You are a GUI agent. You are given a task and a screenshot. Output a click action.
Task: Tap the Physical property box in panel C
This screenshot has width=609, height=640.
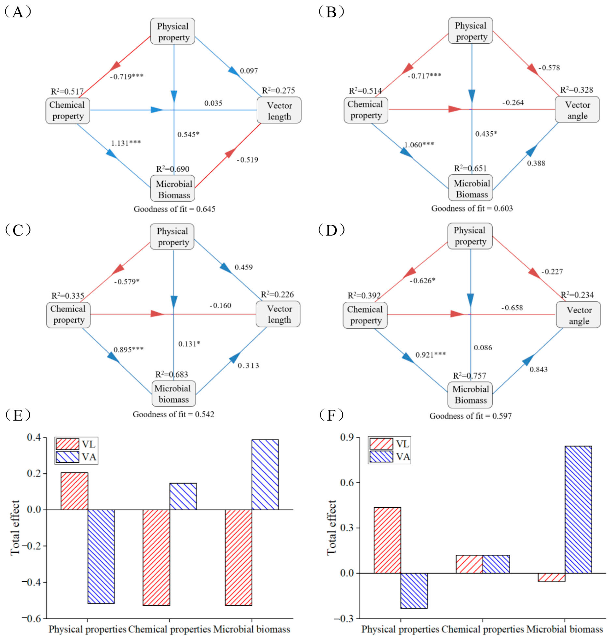point(172,236)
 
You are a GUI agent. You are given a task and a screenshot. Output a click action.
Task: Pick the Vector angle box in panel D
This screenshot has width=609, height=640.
point(578,315)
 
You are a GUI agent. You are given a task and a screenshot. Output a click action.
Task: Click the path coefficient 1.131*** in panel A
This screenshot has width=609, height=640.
point(126,143)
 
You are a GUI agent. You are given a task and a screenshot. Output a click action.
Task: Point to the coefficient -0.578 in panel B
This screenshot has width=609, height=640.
point(549,68)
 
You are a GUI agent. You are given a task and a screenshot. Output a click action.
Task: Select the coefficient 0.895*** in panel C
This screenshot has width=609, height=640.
point(128,350)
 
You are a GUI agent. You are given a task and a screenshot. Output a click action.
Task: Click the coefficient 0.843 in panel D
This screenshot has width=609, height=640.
point(539,369)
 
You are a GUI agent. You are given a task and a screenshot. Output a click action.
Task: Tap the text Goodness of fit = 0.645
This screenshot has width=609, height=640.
point(174,209)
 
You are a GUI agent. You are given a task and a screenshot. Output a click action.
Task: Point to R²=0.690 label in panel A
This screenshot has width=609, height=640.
point(172,169)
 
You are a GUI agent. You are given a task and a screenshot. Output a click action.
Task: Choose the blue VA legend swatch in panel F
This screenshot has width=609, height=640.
point(381,457)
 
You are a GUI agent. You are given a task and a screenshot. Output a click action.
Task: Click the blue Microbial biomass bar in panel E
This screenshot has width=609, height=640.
point(265,474)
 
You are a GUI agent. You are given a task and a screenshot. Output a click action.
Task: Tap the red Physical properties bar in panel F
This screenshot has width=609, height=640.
point(387,540)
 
